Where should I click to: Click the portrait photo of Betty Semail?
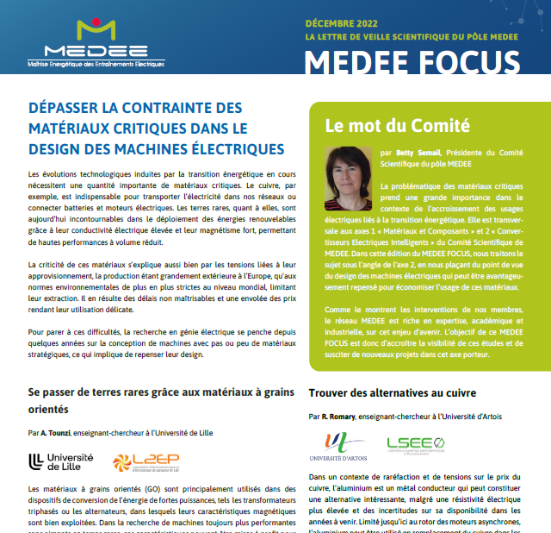[348, 179]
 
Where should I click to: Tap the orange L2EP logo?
[151, 462]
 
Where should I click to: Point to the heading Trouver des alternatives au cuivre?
[393, 393]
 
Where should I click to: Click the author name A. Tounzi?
[56, 432]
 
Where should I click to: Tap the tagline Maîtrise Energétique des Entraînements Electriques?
[96, 63]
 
